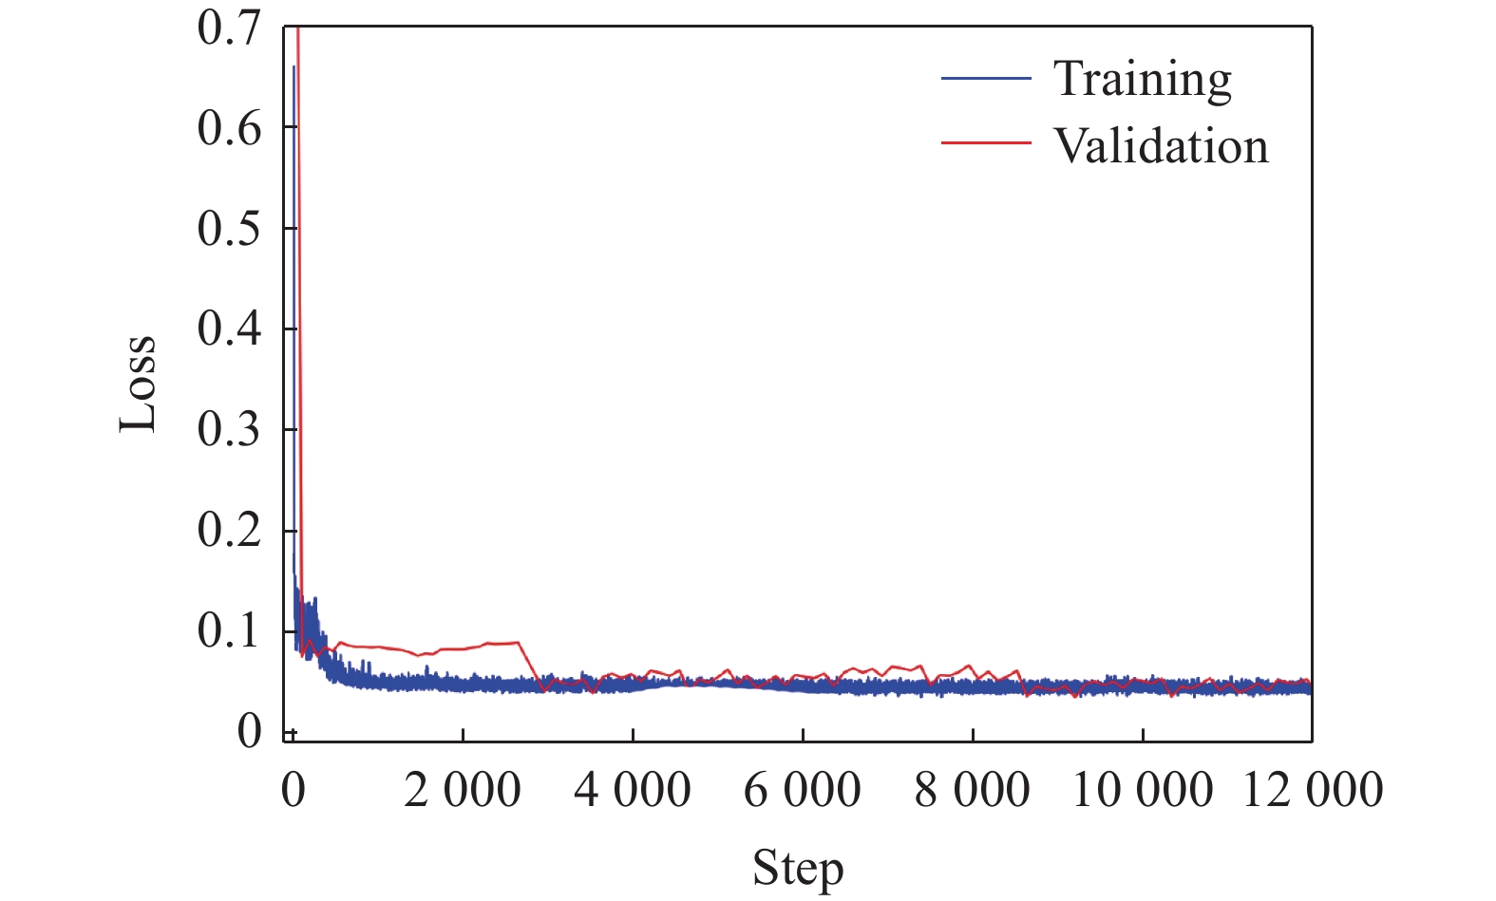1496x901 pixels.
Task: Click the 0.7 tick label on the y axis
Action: (x=228, y=28)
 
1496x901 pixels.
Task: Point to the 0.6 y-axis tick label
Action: (x=228, y=128)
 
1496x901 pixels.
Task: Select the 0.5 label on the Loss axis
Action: (x=228, y=229)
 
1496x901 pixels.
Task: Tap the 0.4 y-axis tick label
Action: (x=228, y=329)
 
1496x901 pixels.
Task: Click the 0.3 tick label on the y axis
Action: (x=228, y=430)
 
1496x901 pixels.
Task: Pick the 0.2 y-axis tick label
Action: (x=228, y=531)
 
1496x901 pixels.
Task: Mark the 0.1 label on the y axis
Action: (x=228, y=631)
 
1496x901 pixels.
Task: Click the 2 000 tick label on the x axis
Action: (x=463, y=790)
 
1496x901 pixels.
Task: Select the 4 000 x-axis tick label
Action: (x=633, y=790)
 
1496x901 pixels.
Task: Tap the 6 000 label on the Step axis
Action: (x=803, y=790)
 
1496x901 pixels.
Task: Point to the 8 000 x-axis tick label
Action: (x=973, y=790)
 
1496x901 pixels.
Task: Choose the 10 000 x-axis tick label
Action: (x=1143, y=790)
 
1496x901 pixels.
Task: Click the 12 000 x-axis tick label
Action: (x=1313, y=790)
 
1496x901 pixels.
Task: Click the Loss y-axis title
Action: (x=138, y=384)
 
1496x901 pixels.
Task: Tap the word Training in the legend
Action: (x=1143, y=80)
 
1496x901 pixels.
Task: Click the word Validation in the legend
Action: (x=1161, y=147)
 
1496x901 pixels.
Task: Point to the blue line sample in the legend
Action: (x=986, y=78)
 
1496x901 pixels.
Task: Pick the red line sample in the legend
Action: (x=986, y=143)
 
